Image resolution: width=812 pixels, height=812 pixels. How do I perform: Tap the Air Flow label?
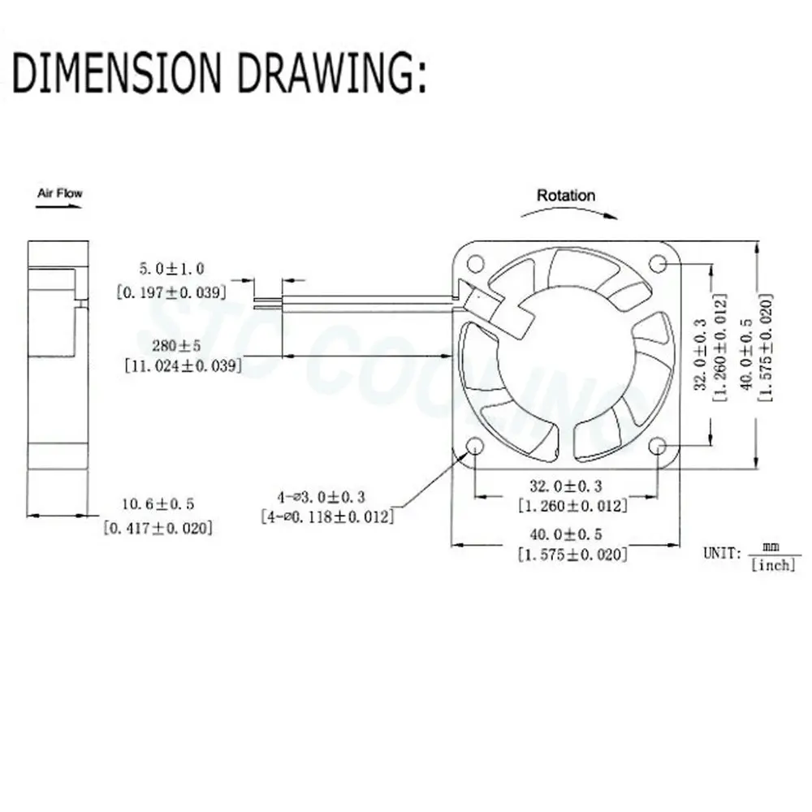click(60, 193)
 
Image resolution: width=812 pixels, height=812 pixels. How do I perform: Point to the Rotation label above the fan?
click(566, 195)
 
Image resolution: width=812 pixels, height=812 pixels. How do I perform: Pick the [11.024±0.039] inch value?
click(183, 366)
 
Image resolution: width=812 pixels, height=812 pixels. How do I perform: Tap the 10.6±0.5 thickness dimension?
click(160, 505)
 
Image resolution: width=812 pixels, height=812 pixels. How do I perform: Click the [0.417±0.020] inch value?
click(159, 528)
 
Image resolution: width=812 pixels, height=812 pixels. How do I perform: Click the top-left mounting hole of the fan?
click(474, 263)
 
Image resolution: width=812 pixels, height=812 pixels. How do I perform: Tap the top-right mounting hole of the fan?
click(658, 263)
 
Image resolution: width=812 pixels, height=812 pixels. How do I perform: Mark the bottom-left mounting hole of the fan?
click(474, 446)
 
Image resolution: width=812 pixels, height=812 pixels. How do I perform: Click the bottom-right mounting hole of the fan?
click(658, 446)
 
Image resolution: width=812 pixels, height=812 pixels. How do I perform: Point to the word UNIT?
click(722, 554)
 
